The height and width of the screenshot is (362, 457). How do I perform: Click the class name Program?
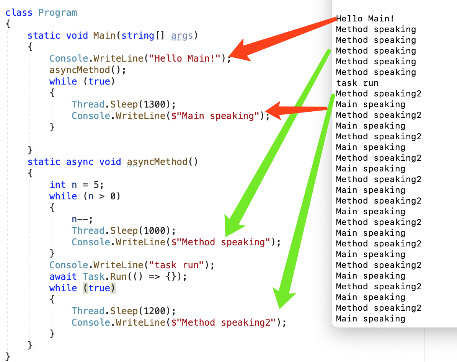[57, 12]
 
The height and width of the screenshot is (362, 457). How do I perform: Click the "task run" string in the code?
[176, 265]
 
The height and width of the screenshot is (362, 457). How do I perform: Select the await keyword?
[63, 277]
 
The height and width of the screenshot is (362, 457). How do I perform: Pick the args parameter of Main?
[182, 36]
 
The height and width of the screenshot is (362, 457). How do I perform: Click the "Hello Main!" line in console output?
[365, 18]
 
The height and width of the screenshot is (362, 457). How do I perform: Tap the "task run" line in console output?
[357, 83]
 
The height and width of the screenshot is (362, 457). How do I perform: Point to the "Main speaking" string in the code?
[218, 116]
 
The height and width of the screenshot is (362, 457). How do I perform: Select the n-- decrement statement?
[82, 219]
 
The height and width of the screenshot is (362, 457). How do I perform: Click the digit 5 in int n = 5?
[96, 185]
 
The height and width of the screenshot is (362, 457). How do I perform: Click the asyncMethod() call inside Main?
[87, 70]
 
